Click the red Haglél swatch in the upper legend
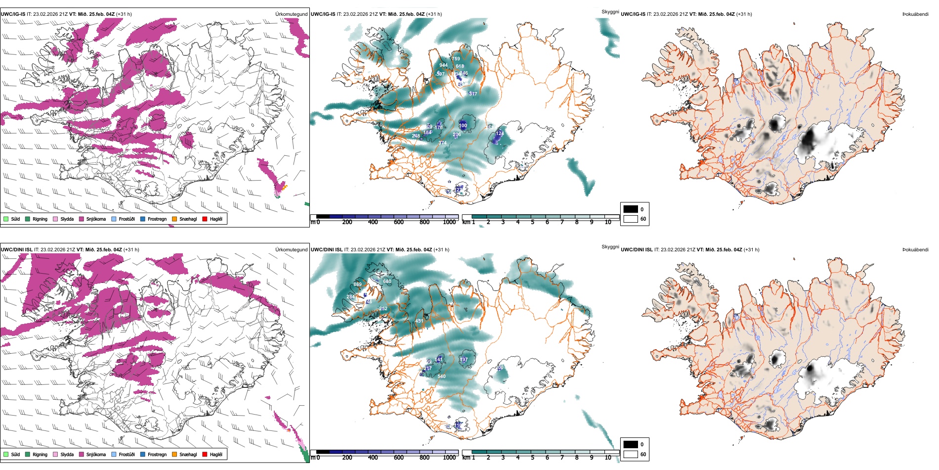205,219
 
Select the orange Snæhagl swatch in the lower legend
174,454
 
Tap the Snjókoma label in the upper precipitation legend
96,219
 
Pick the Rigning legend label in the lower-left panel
40,454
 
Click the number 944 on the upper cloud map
443,65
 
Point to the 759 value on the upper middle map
456,59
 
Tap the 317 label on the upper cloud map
473,94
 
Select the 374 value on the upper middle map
442,143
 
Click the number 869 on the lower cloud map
357,284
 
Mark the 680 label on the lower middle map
387,282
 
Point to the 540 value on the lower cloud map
441,376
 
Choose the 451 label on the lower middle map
419,321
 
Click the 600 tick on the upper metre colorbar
398,222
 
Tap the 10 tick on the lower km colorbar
608,458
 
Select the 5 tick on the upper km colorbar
532,222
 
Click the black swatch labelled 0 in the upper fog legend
631,209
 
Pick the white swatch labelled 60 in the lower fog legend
631,454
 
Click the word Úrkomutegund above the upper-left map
291,14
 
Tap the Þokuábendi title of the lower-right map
915,250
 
